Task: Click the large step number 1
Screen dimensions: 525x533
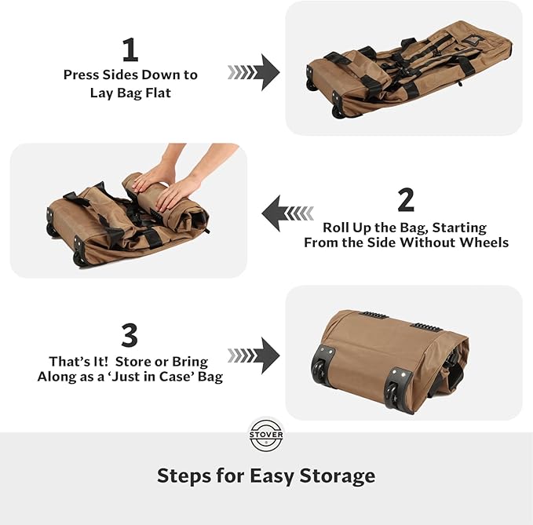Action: click(130, 50)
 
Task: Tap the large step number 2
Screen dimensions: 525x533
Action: click(406, 200)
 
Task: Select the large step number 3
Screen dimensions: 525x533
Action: click(130, 336)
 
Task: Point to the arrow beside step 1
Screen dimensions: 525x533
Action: click(254, 72)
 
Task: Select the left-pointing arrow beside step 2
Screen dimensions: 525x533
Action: click(287, 213)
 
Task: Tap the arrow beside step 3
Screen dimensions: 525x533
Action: click(254, 355)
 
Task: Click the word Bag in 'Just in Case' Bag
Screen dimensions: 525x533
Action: click(208, 377)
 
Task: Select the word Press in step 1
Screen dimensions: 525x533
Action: click(82, 75)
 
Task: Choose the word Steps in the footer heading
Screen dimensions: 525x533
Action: click(182, 476)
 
